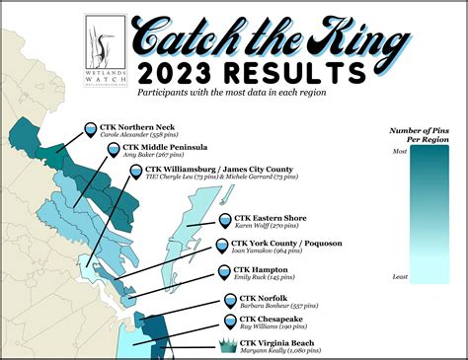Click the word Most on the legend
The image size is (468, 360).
point(400,151)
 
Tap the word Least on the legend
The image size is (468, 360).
point(399,277)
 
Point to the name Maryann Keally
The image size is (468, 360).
point(263,351)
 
